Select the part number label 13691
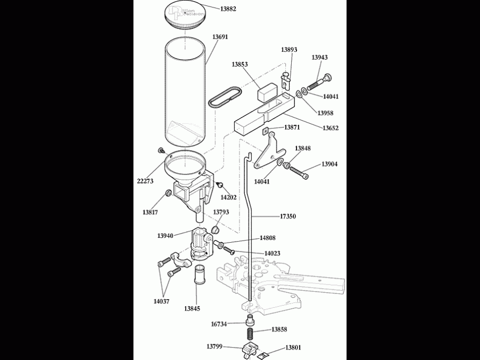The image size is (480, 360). click(220, 37)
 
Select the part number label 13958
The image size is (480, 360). click(325, 113)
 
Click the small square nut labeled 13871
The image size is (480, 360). click(266, 131)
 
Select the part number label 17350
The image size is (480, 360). click(287, 216)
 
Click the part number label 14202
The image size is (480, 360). click(228, 197)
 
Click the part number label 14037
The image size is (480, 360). click(161, 301)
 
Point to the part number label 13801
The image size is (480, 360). click(293, 348)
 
